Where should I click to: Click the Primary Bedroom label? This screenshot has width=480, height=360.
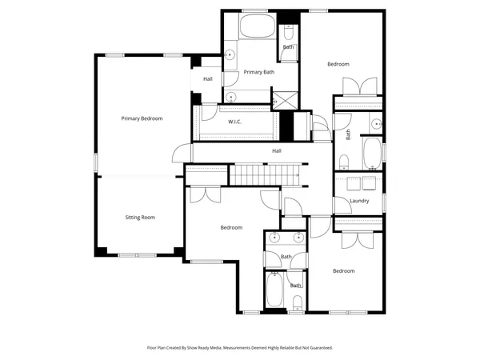[x=142, y=118]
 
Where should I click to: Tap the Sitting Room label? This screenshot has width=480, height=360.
[x=140, y=217]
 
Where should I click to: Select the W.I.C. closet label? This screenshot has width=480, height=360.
[x=234, y=122]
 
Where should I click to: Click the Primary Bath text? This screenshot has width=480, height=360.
[x=259, y=72]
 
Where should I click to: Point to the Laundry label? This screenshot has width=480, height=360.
[x=359, y=200]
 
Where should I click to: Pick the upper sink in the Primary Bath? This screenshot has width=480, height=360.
[x=230, y=55]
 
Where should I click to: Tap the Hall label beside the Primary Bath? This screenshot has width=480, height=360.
[x=208, y=79]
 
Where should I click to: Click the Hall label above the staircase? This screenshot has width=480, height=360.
[x=276, y=150]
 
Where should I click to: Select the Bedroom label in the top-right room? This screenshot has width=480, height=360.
[x=338, y=64]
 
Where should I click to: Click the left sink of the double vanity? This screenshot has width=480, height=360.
[x=274, y=237]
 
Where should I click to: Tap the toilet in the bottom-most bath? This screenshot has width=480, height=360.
[x=296, y=302]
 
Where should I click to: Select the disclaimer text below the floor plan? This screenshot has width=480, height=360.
[x=240, y=348]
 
